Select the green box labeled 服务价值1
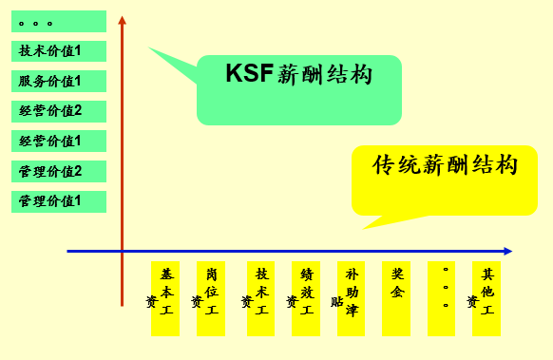click(x=59, y=82)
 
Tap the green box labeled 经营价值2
click(x=59, y=111)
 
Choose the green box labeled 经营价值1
click(x=59, y=142)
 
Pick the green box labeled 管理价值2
click(x=59, y=172)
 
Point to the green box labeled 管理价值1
click(x=59, y=201)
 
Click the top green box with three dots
click(x=59, y=21)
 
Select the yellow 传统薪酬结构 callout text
click(x=445, y=164)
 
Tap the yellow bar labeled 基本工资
click(x=165, y=298)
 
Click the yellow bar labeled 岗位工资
click(x=211, y=298)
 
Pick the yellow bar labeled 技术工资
click(x=260, y=298)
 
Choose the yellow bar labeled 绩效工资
click(x=306, y=298)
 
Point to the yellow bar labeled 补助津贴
click(x=352, y=298)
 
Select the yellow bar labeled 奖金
click(x=396, y=298)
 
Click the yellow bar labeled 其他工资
click(x=486, y=298)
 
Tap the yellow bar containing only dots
click(x=442, y=298)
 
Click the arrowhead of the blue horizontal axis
click(x=508, y=251)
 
